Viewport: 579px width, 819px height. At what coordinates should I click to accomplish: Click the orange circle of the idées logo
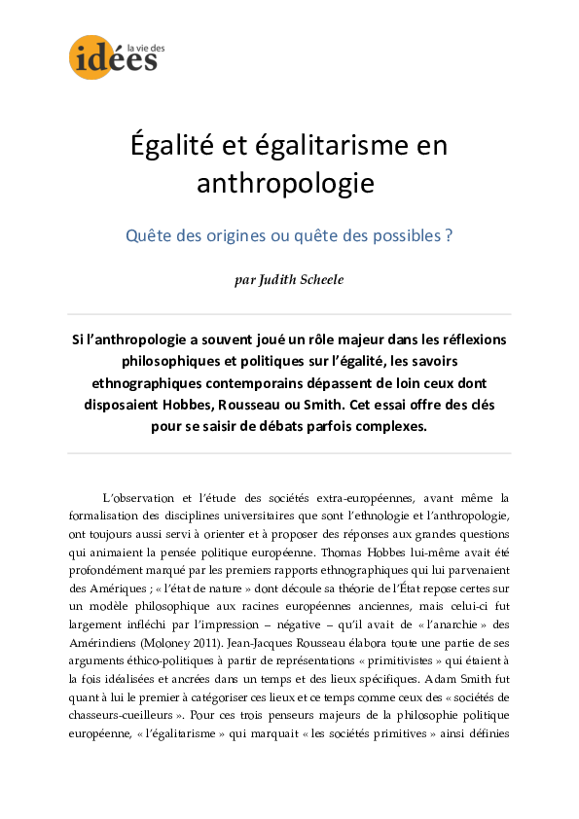pos(89,57)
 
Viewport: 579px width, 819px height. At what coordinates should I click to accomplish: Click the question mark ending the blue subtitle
pos(449,236)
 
